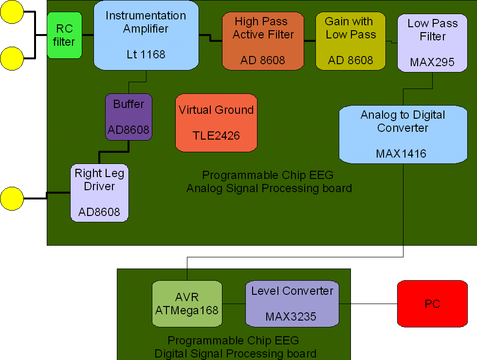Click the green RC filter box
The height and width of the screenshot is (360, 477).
pos(64,35)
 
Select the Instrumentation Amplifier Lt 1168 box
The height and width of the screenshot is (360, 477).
pos(146,35)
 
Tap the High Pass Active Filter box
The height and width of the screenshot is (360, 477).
pos(263,41)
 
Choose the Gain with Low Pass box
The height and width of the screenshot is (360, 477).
pos(350,41)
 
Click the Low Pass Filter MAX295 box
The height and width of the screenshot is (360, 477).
pos(432,43)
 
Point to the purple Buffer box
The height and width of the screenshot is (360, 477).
pos(128,117)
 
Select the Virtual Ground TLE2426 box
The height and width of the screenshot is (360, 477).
pos(216,122)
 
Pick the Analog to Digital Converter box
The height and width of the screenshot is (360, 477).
pos(403,134)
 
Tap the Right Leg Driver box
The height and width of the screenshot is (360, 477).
pos(99,192)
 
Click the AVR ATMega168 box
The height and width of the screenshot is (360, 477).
pos(187,304)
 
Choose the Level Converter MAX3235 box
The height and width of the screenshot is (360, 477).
pos(292,304)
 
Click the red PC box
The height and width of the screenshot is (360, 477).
pos(432,304)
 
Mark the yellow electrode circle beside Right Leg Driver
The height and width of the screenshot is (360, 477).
pos(12,199)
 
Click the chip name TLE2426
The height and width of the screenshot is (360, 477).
pos(216,136)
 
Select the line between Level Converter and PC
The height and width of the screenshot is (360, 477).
pos(368,304)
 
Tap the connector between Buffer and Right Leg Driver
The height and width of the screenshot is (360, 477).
pos(114,152)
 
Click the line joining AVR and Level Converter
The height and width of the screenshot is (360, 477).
pos(234,304)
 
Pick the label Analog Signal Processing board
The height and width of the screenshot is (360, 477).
pos(269,188)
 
